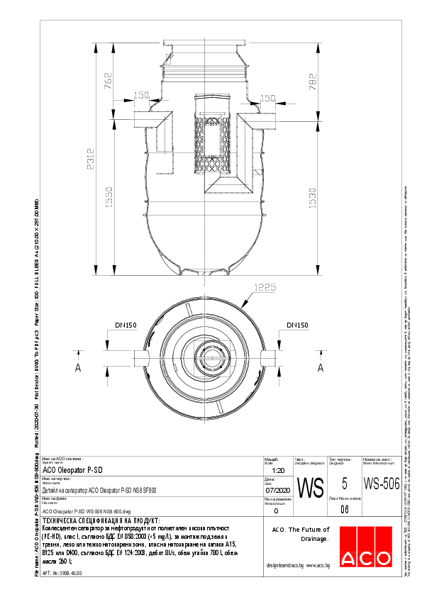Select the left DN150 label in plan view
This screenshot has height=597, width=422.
pos(126,326)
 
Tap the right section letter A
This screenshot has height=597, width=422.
pos(320,368)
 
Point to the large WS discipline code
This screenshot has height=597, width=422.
pos(309,488)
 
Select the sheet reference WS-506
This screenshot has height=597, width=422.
pos(376,484)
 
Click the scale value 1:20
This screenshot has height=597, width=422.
pos(278,470)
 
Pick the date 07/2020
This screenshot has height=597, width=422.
pos(278,490)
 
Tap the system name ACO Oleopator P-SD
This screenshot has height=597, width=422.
pos(73,469)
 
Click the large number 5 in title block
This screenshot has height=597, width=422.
pos(345,484)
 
